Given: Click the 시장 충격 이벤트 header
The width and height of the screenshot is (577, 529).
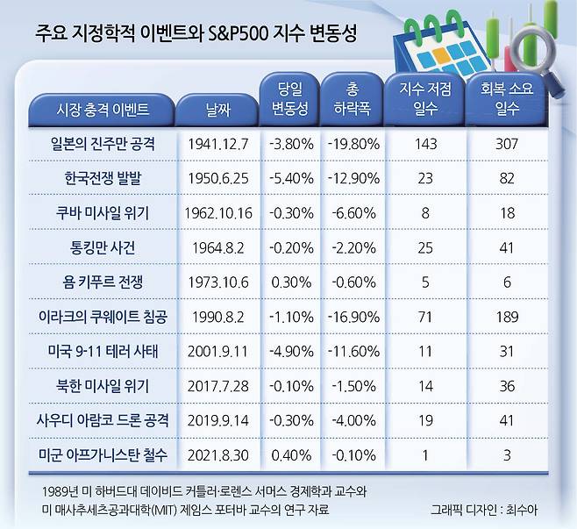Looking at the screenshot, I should pos(103,110).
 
